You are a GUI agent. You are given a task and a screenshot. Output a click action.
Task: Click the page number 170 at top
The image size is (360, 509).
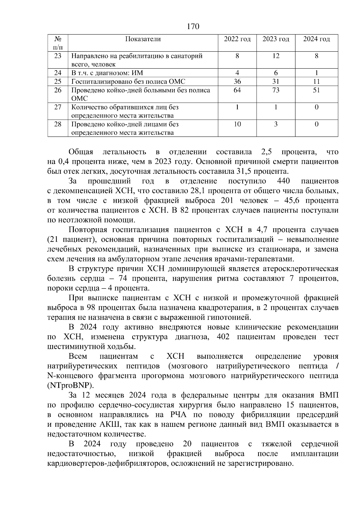point(193,27)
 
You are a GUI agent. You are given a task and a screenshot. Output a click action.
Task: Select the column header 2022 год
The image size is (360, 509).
point(237,39)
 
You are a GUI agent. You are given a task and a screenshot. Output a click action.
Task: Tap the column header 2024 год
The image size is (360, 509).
point(316,39)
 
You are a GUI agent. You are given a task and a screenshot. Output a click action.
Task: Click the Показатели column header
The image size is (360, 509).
point(143,39)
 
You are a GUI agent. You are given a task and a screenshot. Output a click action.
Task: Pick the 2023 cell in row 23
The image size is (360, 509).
point(276,56)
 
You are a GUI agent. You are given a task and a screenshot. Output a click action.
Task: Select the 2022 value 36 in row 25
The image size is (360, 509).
point(237,82)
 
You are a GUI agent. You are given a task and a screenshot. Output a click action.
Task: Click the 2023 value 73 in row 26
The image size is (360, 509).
point(276,90)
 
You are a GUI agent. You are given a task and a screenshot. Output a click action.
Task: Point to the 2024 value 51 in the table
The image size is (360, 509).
point(316,90)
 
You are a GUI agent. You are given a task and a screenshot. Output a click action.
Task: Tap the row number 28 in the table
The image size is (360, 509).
point(58,124)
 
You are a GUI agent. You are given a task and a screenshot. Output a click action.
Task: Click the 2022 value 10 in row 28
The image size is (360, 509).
point(237,124)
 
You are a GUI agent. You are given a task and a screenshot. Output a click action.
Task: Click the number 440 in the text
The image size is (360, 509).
point(283,181)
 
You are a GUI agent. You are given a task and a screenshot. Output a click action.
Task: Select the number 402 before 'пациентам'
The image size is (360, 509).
point(223,337)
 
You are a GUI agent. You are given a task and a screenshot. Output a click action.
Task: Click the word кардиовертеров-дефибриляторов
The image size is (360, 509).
point(107,464)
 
